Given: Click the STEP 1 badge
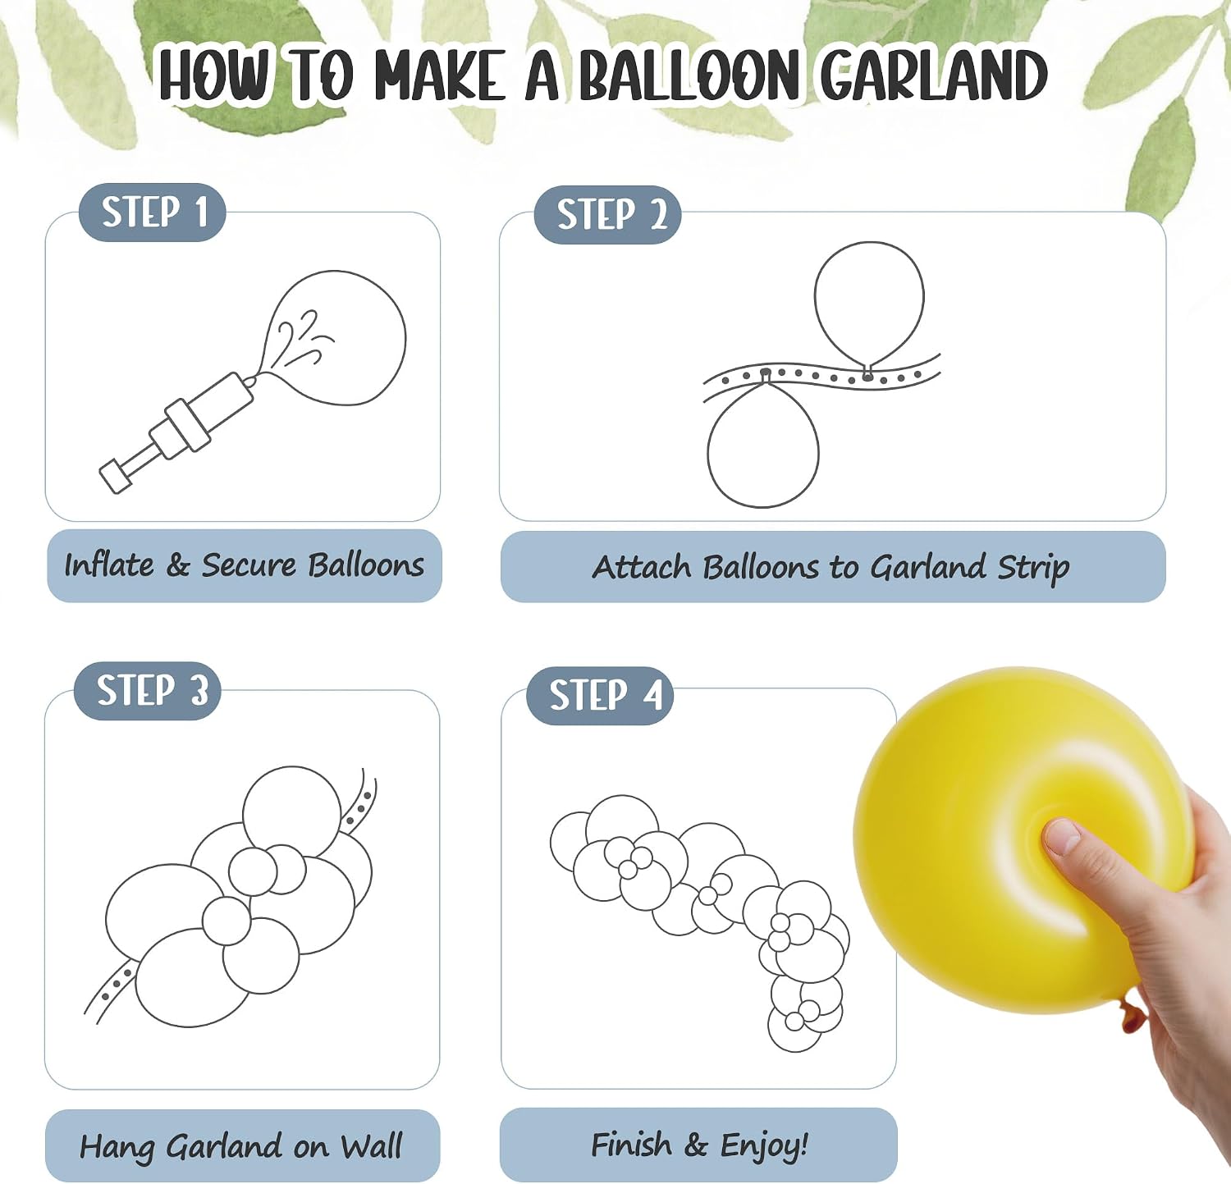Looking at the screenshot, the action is (152, 212).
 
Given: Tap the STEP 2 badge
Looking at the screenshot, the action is (607, 215).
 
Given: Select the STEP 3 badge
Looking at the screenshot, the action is (147, 691).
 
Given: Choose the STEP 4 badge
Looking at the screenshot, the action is (600, 696).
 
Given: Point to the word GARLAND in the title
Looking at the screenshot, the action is (934, 75).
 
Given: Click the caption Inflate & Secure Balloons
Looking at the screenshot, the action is (245, 565).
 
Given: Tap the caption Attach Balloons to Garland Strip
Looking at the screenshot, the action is (831, 568).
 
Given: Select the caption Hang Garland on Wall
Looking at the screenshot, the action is (241, 1146).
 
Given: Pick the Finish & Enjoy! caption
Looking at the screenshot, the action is (699, 1145).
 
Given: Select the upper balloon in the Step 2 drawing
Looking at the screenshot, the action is (869, 305).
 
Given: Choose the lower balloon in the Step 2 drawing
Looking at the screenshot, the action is (763, 444).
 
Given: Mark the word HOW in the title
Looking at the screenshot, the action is (213, 75).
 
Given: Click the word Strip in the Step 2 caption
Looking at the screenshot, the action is (1033, 568).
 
